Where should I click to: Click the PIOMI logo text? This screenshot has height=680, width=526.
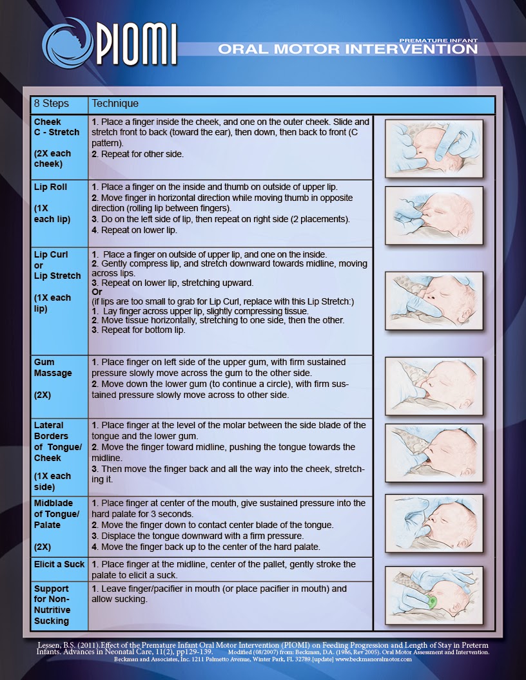point(137,44)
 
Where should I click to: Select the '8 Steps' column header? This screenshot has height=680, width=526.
point(51,104)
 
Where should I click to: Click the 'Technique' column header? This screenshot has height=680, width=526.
point(115,104)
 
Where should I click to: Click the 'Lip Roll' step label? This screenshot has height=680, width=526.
point(50,187)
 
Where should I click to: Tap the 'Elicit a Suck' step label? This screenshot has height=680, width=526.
point(59,565)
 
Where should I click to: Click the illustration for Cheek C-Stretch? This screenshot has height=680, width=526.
point(434,148)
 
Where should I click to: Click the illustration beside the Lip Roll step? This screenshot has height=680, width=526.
point(434,215)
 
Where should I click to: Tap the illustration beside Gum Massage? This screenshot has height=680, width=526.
point(434,387)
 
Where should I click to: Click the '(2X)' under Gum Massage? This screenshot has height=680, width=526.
point(43,395)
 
